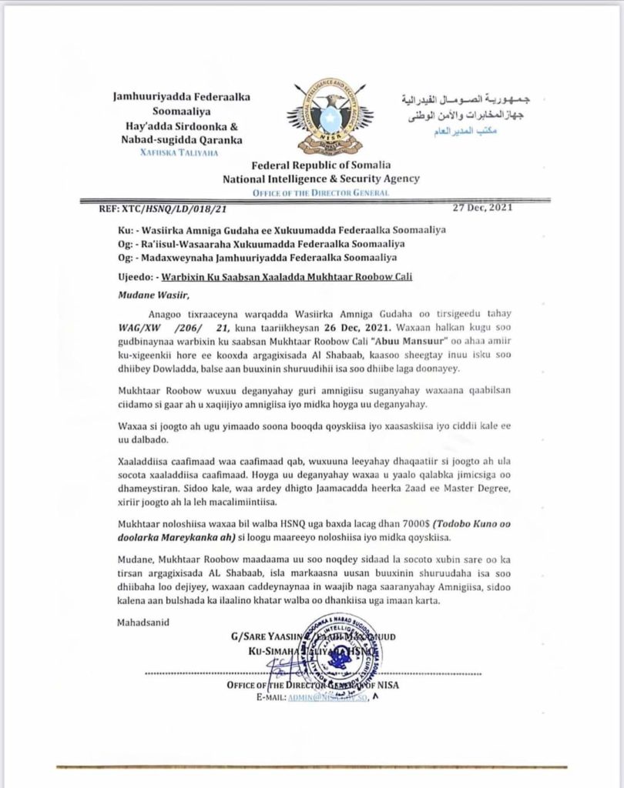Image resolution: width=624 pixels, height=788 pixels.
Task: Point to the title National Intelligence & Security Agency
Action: [x=320, y=179]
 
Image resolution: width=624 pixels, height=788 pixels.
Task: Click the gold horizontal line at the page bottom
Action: [x=311, y=766]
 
